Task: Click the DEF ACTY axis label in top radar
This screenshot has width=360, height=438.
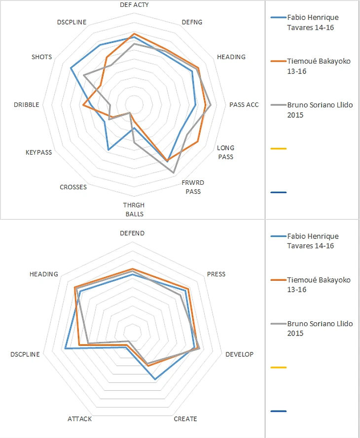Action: pyautogui.click(x=134, y=5)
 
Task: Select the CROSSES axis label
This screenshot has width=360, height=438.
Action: pyautogui.click(x=73, y=187)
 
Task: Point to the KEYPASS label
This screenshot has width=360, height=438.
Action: pyautogui.click(x=38, y=153)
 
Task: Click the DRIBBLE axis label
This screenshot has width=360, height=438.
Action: pyautogui.click(x=27, y=104)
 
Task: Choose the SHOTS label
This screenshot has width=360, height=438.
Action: pyautogui.click(x=41, y=57)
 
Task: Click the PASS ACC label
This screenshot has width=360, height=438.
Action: pyautogui.click(x=244, y=104)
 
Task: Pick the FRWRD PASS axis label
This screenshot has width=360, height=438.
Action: pyautogui.click(x=193, y=187)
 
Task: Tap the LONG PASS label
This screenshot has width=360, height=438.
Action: pyautogui.click(x=226, y=152)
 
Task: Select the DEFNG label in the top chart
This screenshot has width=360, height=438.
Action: pyautogui.click(x=192, y=22)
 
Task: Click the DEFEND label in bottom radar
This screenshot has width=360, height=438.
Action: pyautogui.click(x=132, y=233)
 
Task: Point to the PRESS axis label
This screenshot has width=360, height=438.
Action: pyautogui.click(x=216, y=274)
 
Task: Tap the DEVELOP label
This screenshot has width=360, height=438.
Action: pyautogui.click(x=239, y=355)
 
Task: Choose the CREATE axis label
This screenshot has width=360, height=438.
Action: pyautogui.click(x=185, y=419)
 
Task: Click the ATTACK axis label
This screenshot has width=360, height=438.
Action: pyautogui.click(x=79, y=419)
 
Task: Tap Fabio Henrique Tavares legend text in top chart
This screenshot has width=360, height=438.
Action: pyautogui.click(x=312, y=22)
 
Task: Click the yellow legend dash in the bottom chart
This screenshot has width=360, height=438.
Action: pyautogui.click(x=279, y=368)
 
